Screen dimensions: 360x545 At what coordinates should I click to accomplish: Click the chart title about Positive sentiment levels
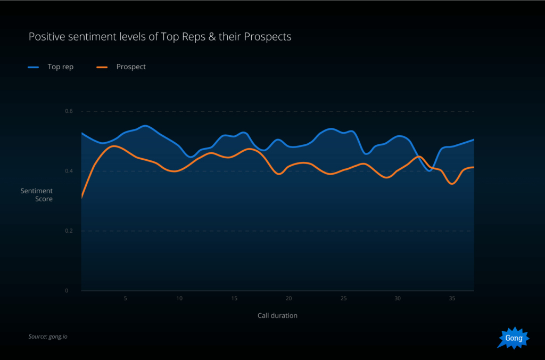pyautogui.click(x=160, y=37)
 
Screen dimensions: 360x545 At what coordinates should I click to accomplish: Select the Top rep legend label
pyautogui.click(x=60, y=67)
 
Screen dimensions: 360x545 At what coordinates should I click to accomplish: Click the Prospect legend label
pyautogui.click(x=131, y=67)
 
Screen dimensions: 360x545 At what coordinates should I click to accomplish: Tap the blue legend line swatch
pyautogui.click(x=34, y=67)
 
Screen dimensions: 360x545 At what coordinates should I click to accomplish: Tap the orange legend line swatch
pyautogui.click(x=102, y=67)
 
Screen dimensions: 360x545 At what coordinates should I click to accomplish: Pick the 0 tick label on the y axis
pyautogui.click(x=67, y=291)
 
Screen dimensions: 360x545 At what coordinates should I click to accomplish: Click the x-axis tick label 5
pyautogui.click(x=125, y=299)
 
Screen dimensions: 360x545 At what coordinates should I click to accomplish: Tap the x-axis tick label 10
pyautogui.click(x=179, y=299)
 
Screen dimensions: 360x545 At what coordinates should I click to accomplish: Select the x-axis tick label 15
pyautogui.click(x=234, y=299)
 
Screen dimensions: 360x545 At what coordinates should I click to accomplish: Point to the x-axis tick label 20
pyautogui.click(x=288, y=299)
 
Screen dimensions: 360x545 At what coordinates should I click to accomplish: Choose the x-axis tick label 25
pyautogui.click(x=343, y=299)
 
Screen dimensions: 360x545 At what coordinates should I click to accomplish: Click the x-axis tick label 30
pyautogui.click(x=398, y=299)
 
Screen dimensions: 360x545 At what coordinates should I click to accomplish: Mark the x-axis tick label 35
pyautogui.click(x=452, y=299)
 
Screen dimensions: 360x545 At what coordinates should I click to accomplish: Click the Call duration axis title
pyautogui.click(x=277, y=315)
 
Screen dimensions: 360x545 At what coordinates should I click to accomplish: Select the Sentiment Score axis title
pyautogui.click(x=37, y=195)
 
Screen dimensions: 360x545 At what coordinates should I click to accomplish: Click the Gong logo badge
pyautogui.click(x=514, y=338)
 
